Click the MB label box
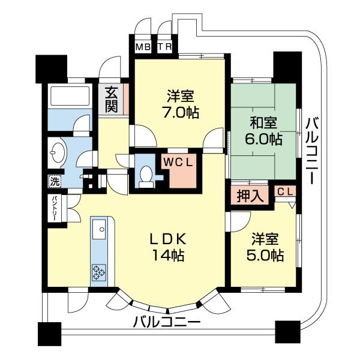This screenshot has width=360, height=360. [142, 47]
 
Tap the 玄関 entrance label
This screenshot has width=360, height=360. [112, 100]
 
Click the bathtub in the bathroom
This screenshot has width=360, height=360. [70, 97]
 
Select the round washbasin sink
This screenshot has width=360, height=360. [59, 152]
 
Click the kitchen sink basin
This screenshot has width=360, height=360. [99, 227]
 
